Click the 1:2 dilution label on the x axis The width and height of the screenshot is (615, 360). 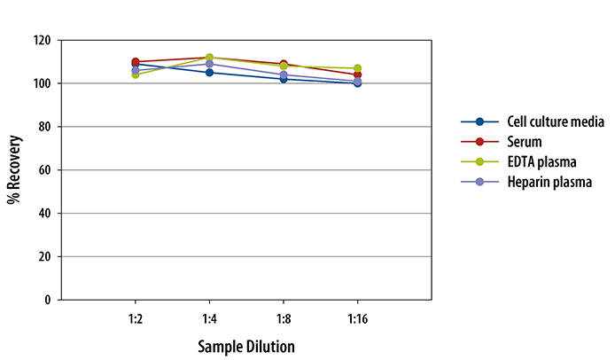(135, 317)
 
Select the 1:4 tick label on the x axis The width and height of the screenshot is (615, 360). (209, 317)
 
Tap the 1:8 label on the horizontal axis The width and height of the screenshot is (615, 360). (284, 317)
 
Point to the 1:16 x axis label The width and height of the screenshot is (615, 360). (357, 317)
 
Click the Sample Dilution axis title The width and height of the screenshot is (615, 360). (246, 345)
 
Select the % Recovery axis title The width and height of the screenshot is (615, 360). (14, 170)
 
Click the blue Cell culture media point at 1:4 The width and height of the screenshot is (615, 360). (209, 73)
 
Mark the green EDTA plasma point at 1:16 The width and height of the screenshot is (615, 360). (357, 68)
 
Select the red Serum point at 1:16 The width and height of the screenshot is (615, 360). (357, 75)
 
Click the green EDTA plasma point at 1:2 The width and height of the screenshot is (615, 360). (135, 74)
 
